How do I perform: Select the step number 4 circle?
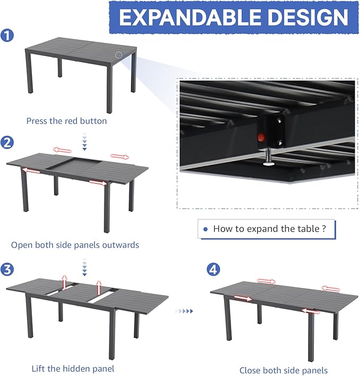click(213, 269)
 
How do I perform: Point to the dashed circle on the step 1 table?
click(119, 55)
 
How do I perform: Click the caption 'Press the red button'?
click(67, 121)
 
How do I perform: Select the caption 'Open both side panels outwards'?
click(75, 245)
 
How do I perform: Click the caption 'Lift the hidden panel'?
click(73, 369)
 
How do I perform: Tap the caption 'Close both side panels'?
click(283, 370)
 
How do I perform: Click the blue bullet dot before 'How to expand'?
click(206, 230)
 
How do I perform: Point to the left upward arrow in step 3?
click(65, 283)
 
